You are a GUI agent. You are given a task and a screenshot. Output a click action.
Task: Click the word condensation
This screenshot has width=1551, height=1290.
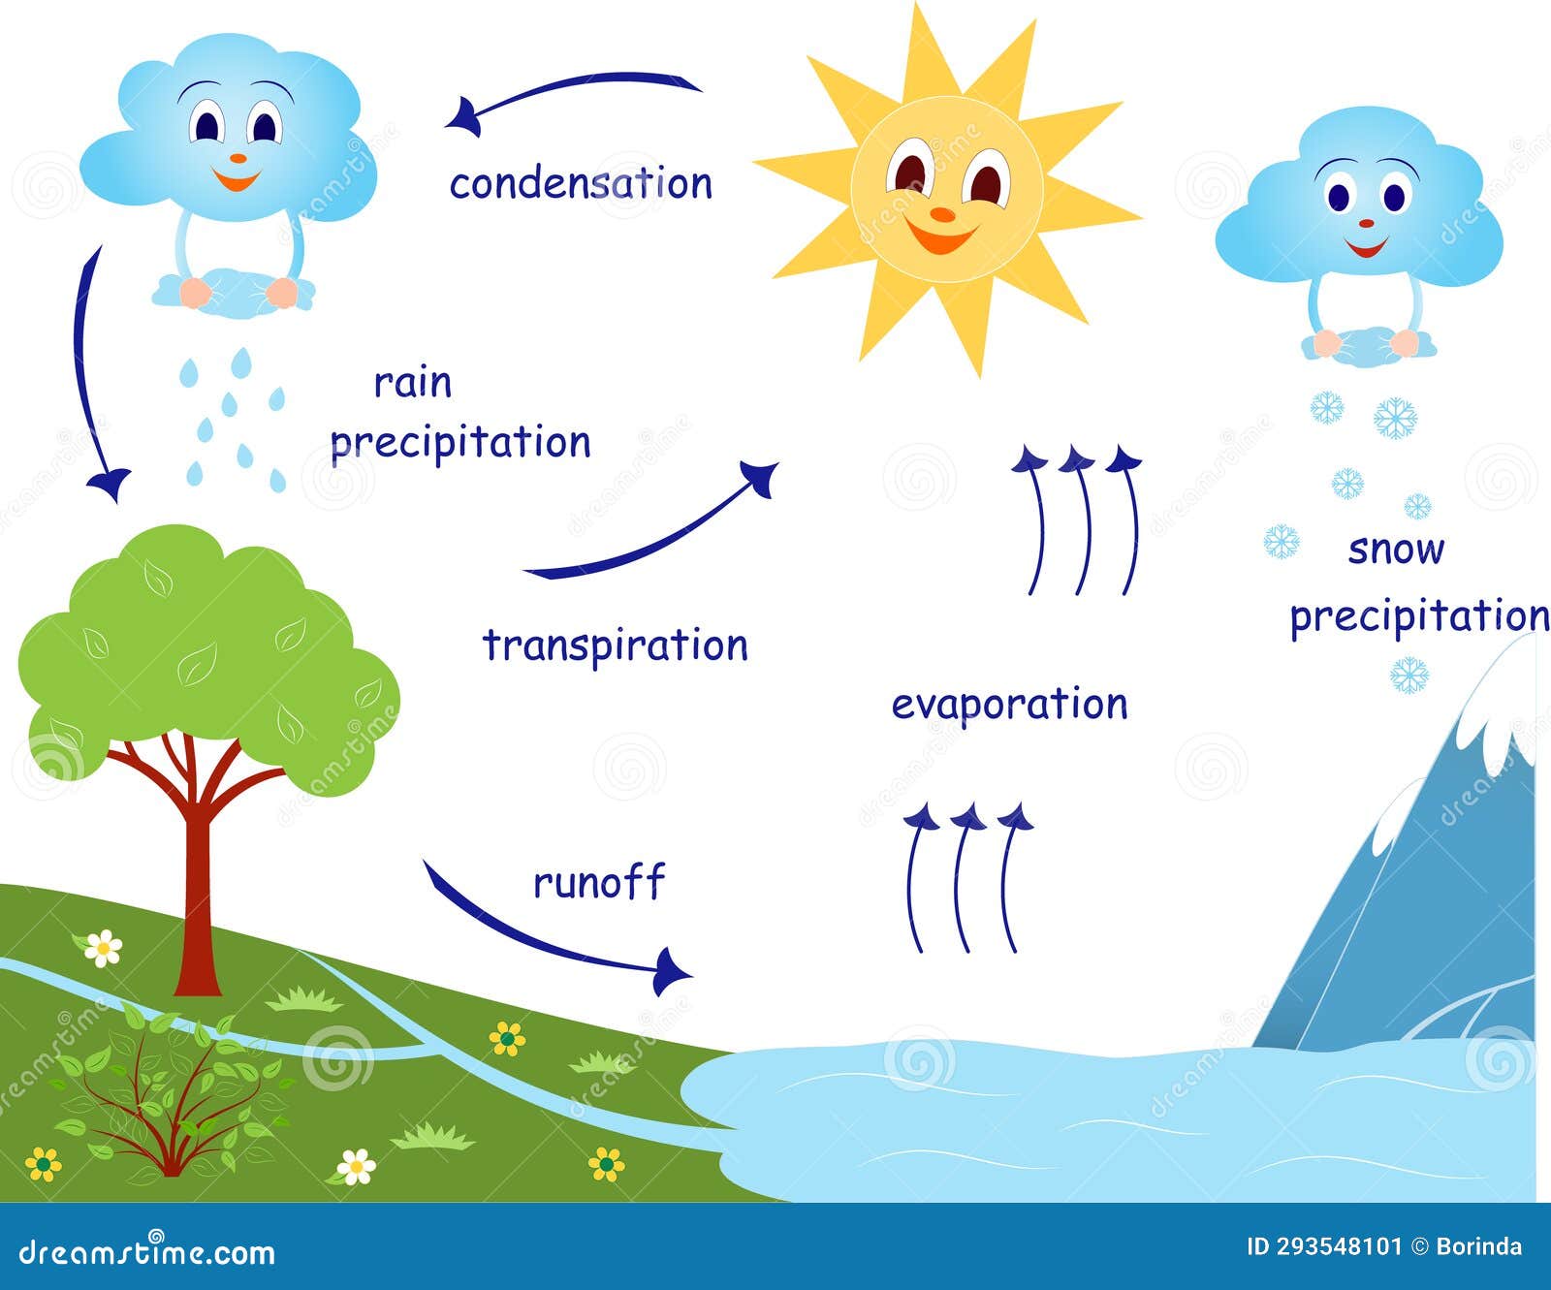pyautogui.click(x=581, y=183)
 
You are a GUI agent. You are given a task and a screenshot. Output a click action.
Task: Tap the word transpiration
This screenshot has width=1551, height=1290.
pyautogui.click(x=616, y=645)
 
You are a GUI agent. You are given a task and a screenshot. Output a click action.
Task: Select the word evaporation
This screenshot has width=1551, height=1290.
pyautogui.click(x=1009, y=705)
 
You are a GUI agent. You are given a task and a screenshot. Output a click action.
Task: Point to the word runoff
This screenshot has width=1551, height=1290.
pyautogui.click(x=599, y=882)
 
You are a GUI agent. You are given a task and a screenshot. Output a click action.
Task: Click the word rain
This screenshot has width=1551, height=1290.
pyautogui.click(x=413, y=383)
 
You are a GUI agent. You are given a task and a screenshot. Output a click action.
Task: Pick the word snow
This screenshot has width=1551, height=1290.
pyautogui.click(x=1396, y=551)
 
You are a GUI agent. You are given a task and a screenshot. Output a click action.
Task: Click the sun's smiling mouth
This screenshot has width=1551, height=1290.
pyautogui.click(x=939, y=236)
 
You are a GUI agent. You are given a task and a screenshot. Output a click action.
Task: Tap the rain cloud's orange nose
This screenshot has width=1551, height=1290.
pyautogui.click(x=237, y=157)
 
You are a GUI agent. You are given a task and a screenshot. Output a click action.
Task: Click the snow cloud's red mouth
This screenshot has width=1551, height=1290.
pyautogui.click(x=1367, y=248)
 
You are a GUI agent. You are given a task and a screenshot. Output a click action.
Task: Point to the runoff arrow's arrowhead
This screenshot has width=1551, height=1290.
pyautogui.click(x=671, y=969)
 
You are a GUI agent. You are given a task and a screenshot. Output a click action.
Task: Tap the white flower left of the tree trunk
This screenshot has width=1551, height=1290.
pyautogui.click(x=103, y=948)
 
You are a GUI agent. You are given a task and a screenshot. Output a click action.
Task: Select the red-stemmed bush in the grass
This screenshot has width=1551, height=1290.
pyautogui.click(x=171, y=1095)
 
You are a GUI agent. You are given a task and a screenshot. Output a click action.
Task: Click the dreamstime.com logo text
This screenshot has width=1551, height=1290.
pyautogui.click(x=146, y=1251)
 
